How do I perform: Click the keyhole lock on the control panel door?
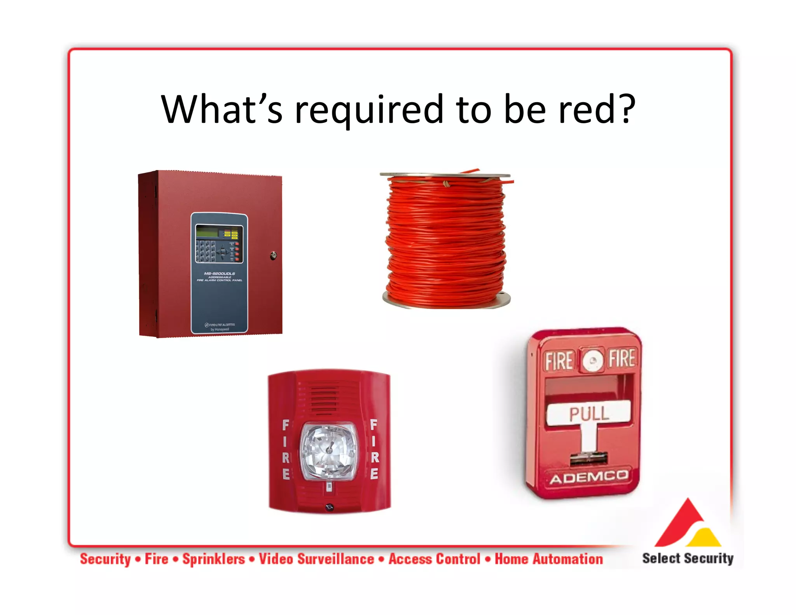click(274, 255)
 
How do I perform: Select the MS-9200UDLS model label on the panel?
click(219, 273)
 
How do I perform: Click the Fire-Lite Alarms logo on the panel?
click(220, 325)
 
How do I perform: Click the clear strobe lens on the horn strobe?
click(329, 451)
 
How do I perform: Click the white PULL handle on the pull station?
click(588, 413)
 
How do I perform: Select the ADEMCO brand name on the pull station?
click(588, 477)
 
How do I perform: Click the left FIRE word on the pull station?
click(559, 361)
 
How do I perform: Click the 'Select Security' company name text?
click(688, 558)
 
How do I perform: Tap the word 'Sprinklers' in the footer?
click(214, 559)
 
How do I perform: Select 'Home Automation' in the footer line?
click(548, 559)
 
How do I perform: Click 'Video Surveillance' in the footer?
click(316, 559)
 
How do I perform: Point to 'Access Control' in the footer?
click(435, 559)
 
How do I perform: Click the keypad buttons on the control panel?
click(205, 251)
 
